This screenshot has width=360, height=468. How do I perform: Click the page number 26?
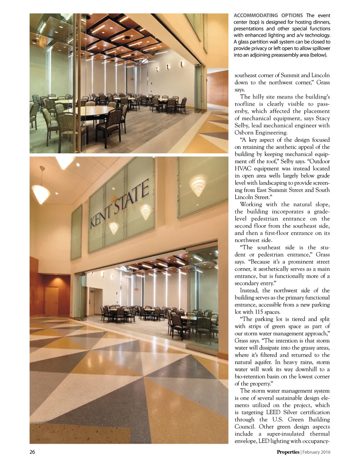point(32,452)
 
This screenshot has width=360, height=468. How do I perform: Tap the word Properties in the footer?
point(288,452)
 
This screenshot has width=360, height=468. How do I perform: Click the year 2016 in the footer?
point(325,452)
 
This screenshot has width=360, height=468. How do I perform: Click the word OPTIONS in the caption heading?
point(292,15)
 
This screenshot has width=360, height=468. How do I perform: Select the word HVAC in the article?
point(242,169)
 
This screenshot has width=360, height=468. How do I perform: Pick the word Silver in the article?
point(290,412)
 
